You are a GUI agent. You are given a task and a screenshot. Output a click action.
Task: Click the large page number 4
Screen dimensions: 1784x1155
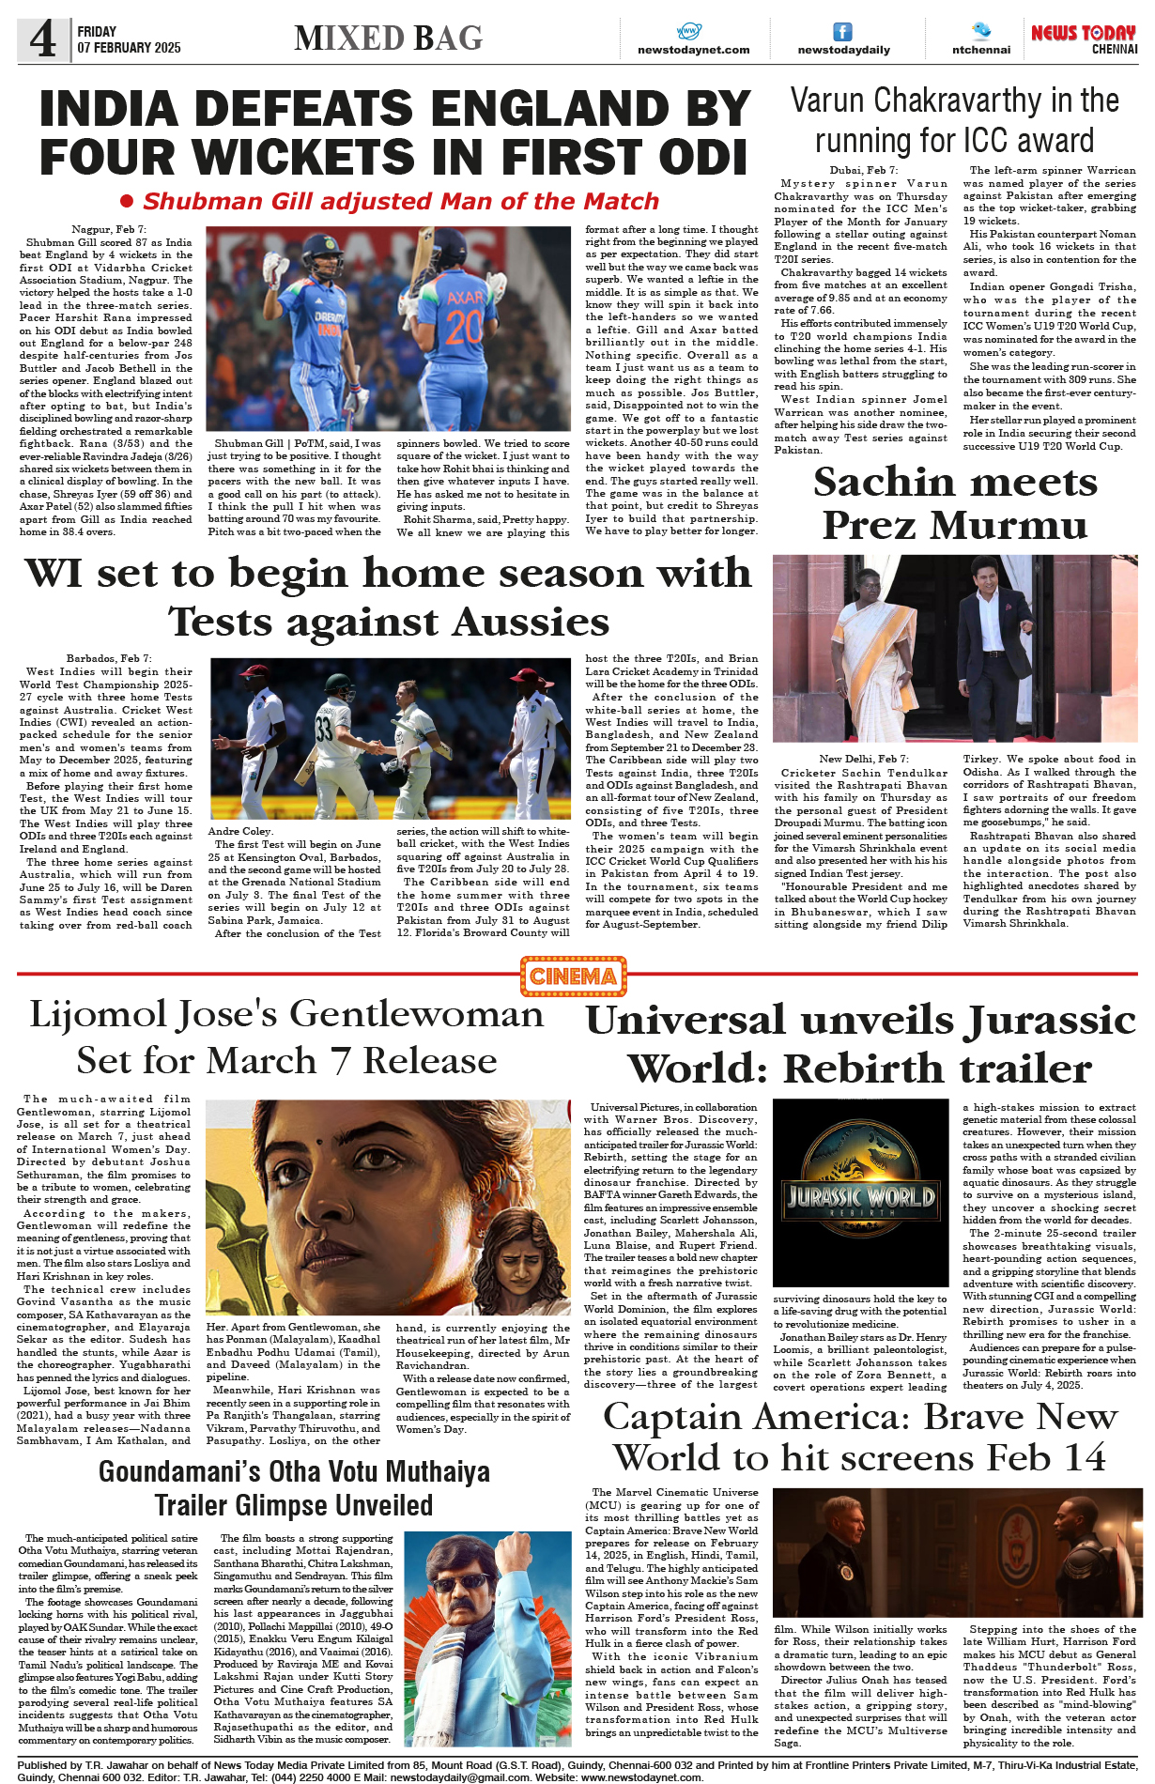click(x=43, y=39)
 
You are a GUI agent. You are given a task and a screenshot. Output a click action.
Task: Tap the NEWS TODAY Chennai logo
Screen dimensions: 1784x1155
click(x=1084, y=38)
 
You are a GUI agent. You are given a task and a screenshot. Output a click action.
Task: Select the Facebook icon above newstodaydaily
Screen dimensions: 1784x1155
click(x=843, y=32)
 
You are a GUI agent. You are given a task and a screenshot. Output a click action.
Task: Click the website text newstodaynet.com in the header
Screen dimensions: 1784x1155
click(x=693, y=50)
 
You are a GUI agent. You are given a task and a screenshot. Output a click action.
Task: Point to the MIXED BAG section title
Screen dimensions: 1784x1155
click(x=388, y=38)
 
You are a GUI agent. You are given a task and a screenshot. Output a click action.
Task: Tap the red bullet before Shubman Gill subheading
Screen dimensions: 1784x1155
click(x=127, y=201)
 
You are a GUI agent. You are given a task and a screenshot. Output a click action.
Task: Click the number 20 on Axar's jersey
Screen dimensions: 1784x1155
click(x=464, y=329)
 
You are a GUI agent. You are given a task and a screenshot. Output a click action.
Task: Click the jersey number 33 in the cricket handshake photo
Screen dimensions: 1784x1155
click(x=324, y=730)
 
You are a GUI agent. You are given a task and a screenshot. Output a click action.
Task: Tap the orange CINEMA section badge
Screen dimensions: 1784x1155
click(x=573, y=977)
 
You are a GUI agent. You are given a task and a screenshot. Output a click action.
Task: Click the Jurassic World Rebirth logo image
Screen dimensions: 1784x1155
click(x=860, y=1197)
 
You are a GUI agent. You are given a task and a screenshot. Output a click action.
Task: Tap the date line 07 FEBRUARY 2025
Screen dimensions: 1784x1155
click(x=129, y=48)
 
